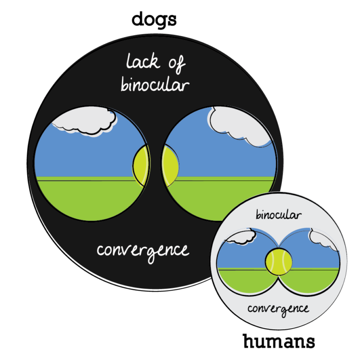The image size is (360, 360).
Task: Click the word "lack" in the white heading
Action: tap(142, 62)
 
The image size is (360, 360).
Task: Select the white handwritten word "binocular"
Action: tap(155, 85)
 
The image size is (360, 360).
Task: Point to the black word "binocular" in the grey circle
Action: tap(278, 215)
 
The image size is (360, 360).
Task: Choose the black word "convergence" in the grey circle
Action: tap(278, 309)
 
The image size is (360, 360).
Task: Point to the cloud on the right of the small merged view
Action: tap(323, 239)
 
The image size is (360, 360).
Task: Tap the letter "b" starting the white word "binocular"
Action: tap(124, 84)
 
